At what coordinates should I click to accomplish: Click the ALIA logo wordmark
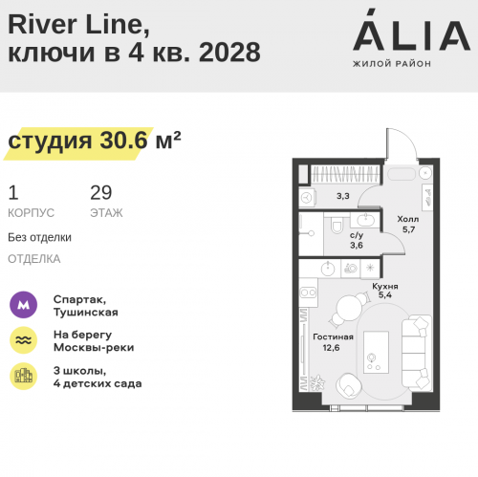[411, 31]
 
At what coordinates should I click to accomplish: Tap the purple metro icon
[23, 305]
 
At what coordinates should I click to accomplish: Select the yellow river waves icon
[23, 340]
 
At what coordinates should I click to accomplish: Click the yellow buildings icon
[23, 376]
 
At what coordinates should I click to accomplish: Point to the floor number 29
[101, 192]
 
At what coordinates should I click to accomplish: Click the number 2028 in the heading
[229, 52]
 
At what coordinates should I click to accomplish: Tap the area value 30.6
[124, 140]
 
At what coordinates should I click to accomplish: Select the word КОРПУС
[31, 213]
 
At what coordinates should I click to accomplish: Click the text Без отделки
[39, 237]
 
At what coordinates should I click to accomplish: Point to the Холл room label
[408, 219]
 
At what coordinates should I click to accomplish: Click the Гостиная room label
[333, 336]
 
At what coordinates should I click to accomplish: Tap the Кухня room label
[385, 286]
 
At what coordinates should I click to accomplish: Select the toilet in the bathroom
[337, 225]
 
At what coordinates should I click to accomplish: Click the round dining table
[350, 309]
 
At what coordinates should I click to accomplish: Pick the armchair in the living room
[349, 385]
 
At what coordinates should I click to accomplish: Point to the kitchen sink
[328, 269]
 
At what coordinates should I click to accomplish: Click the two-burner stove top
[308, 293]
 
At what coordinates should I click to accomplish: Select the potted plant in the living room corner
[316, 382]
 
